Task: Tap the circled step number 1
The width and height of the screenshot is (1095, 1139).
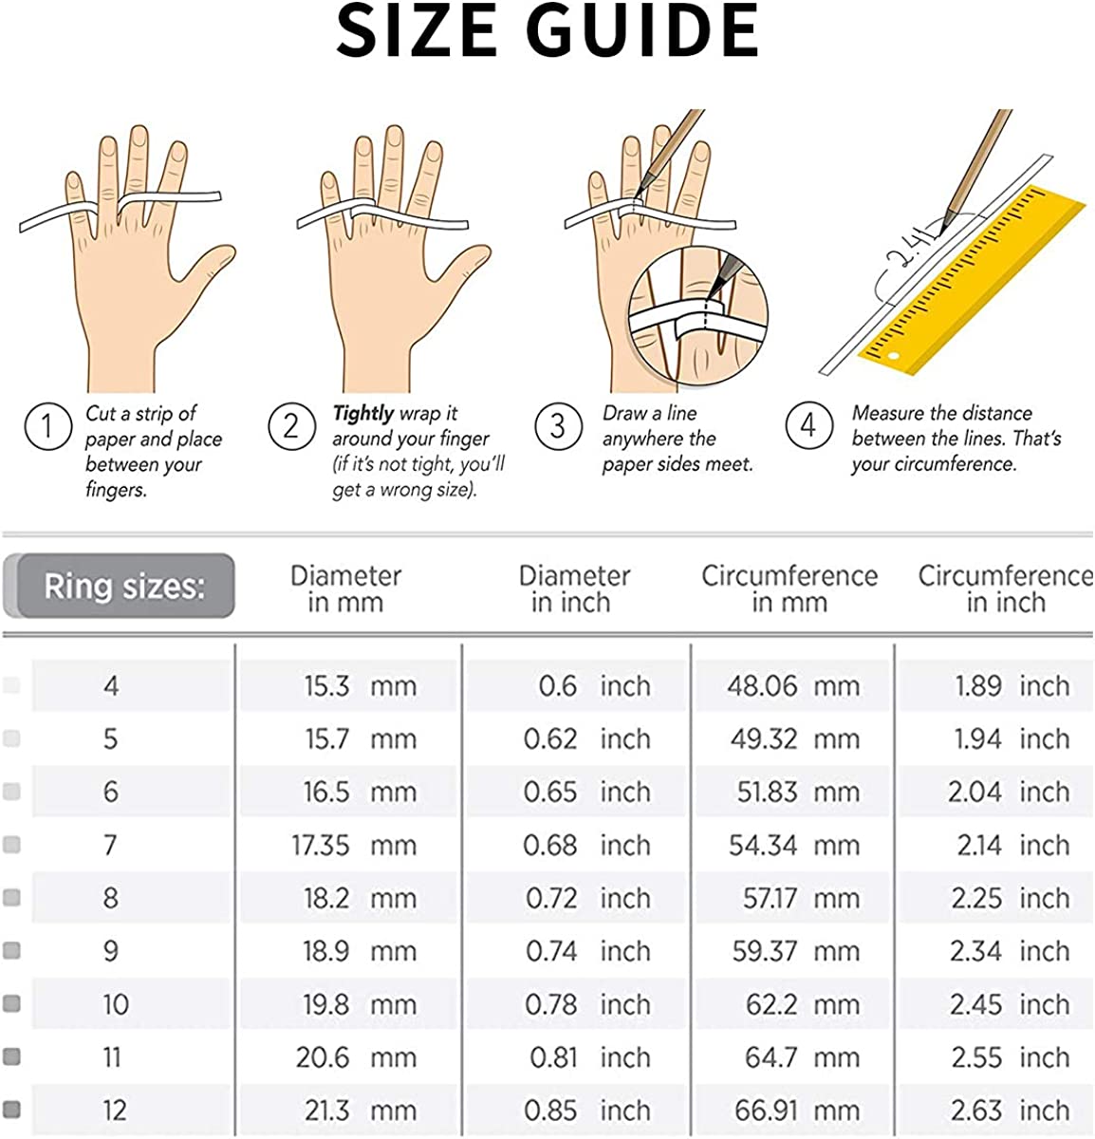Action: (x=48, y=427)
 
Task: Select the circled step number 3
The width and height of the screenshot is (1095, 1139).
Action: (x=558, y=427)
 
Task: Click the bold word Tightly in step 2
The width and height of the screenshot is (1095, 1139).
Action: (x=362, y=414)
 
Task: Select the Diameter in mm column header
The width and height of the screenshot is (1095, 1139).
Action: (x=346, y=588)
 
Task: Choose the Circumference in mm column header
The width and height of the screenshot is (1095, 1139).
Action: (x=789, y=588)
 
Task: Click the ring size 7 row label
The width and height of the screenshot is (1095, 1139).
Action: (x=111, y=845)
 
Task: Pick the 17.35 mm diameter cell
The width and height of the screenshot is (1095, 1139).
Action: (x=354, y=845)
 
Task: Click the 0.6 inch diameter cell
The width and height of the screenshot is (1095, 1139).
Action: (x=595, y=686)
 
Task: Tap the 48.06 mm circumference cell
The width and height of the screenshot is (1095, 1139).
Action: (x=793, y=686)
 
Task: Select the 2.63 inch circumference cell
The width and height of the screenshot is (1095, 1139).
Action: (x=1011, y=1111)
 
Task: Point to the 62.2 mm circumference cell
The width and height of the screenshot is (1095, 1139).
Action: (x=803, y=1004)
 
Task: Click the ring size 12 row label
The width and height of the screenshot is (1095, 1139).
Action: (x=114, y=1111)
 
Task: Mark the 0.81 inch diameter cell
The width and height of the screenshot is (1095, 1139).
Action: (x=590, y=1057)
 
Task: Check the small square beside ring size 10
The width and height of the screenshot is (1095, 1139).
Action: (x=11, y=1004)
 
